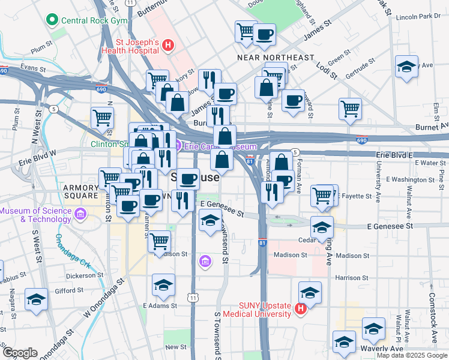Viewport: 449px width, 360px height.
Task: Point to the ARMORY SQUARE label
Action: click(81, 191)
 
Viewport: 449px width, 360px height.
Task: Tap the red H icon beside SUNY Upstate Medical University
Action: click(301, 309)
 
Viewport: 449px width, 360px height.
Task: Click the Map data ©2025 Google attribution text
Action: click(412, 355)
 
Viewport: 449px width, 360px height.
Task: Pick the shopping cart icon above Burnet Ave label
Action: click(350, 109)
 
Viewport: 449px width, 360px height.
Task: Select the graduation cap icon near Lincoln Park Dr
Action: click(406, 67)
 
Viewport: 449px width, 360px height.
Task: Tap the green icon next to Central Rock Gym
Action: click(52, 20)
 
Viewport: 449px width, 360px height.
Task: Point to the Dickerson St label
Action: click(85, 276)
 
